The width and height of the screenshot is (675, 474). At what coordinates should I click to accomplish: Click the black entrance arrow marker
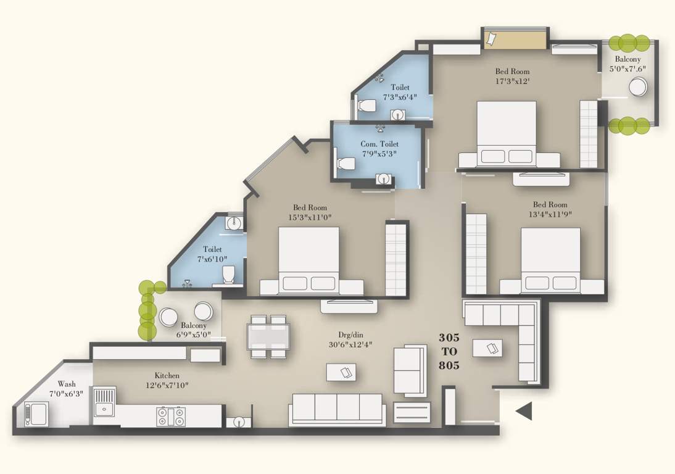point(524,411)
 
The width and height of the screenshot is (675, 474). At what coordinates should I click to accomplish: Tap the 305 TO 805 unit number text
point(449,351)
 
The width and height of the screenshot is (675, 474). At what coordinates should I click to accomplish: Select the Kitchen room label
point(167,375)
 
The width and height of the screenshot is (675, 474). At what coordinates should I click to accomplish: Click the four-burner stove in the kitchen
point(170,416)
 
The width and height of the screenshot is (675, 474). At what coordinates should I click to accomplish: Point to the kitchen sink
point(103,407)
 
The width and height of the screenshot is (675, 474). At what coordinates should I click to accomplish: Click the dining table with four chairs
point(269,337)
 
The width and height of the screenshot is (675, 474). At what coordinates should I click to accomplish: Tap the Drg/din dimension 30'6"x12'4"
point(351,345)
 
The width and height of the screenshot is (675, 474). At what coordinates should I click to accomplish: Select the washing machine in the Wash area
point(36,414)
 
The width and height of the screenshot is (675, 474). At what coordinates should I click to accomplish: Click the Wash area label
point(66,384)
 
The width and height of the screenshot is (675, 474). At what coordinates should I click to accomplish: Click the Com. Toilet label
point(379,144)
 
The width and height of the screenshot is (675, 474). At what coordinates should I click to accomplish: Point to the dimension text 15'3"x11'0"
point(310,217)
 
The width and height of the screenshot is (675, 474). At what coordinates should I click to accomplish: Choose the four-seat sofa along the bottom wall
point(336,409)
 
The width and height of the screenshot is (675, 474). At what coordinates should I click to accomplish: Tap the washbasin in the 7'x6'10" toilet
point(233,223)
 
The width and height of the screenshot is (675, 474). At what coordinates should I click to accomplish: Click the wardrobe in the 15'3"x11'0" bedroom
point(395,259)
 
